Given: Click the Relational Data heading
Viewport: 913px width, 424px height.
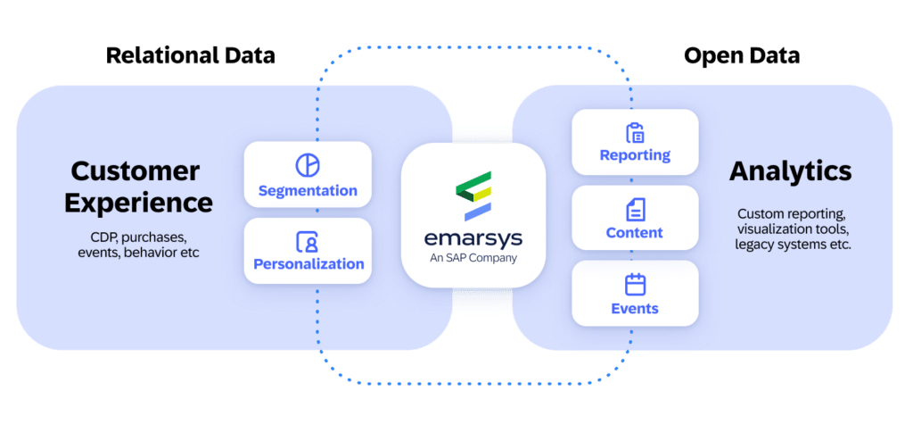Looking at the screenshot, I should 191,55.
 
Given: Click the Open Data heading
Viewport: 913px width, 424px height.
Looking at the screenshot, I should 741,55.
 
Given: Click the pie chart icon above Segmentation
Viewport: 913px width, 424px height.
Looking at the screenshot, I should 307,165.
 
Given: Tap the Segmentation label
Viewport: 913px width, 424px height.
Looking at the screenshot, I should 308,191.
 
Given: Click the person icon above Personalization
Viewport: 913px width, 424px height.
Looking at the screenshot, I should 307,241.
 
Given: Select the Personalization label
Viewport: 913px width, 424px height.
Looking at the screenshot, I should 308,264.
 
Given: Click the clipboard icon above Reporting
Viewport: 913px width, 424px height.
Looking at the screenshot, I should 635,133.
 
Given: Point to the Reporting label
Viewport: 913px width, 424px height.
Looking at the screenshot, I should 635,155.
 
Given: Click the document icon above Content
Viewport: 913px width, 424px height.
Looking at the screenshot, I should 635,210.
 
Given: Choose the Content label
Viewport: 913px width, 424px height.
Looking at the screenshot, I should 635,233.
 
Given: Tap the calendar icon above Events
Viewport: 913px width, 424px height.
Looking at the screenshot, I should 635,285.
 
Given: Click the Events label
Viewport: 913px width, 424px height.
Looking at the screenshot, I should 635,309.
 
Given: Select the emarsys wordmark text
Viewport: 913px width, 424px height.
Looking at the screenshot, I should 473,238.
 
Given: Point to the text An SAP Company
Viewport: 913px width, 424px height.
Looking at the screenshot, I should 473,259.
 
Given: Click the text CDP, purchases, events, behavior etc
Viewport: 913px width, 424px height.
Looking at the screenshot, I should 138,245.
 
